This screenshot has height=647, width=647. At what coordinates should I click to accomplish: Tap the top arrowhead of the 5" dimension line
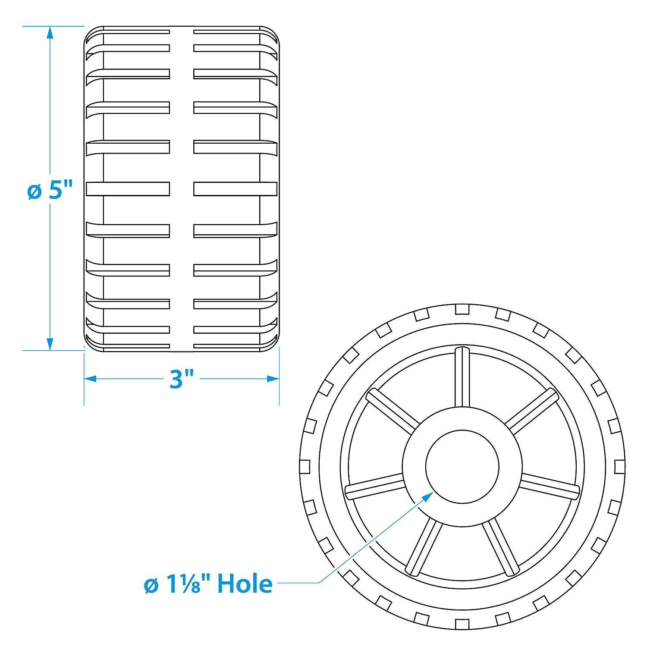tap(50, 33)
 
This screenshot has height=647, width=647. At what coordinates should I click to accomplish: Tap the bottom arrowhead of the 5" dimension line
tap(50, 344)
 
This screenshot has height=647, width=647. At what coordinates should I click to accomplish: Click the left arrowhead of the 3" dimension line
tap(90, 379)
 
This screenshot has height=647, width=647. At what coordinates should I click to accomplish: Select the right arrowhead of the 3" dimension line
tap(273, 379)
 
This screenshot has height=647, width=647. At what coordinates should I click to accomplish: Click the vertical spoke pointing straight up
tap(462, 376)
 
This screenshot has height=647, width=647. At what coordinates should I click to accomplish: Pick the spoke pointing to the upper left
tap(392, 411)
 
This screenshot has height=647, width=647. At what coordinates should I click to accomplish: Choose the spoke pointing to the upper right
tap(531, 411)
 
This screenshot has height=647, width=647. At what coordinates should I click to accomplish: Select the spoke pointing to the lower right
tap(500, 548)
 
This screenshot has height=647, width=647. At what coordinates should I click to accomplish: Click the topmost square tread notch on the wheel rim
tap(462, 309)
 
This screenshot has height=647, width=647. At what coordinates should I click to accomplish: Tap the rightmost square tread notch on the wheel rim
tap(619, 466)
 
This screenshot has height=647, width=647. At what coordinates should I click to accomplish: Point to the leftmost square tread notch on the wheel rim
tap(305, 466)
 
